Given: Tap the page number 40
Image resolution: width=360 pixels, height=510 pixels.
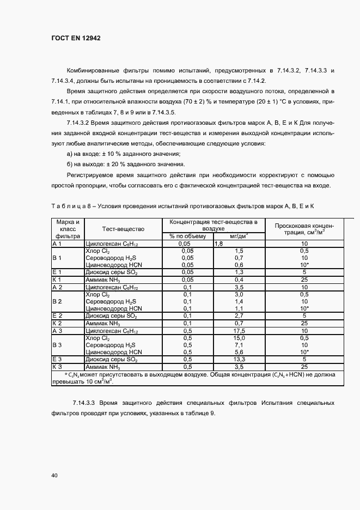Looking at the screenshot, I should pyautogui.click(x=54, y=476).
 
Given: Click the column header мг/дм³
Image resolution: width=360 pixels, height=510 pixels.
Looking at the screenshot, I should pyautogui.click(x=239, y=236).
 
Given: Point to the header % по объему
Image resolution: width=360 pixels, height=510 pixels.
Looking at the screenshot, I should pyautogui.click(x=187, y=236).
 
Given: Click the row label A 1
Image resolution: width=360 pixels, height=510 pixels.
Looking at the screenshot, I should pyautogui.click(x=58, y=244).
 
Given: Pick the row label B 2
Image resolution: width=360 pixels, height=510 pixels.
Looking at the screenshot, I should pyautogui.click(x=57, y=301).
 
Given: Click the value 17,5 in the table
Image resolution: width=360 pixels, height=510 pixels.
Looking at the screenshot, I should pyautogui.click(x=239, y=331).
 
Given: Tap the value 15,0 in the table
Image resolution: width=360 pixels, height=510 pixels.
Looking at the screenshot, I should pyautogui.click(x=239, y=338).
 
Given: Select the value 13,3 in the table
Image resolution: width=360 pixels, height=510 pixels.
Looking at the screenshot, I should pyautogui.click(x=239, y=360).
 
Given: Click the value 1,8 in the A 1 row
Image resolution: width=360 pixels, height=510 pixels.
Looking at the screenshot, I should pyautogui.click(x=220, y=244).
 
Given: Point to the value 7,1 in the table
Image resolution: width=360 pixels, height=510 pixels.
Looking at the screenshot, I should pyautogui.click(x=239, y=345).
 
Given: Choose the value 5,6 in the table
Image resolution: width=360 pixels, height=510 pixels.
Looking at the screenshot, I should pyautogui.click(x=239, y=352).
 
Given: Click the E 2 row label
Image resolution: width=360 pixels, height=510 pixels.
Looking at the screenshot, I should pyautogui.click(x=58, y=316).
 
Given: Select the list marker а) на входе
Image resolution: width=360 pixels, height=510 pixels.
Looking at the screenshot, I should pyautogui.click(x=69, y=154).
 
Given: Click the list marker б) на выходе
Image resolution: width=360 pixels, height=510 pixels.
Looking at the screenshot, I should pyautogui.click(x=69, y=165).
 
